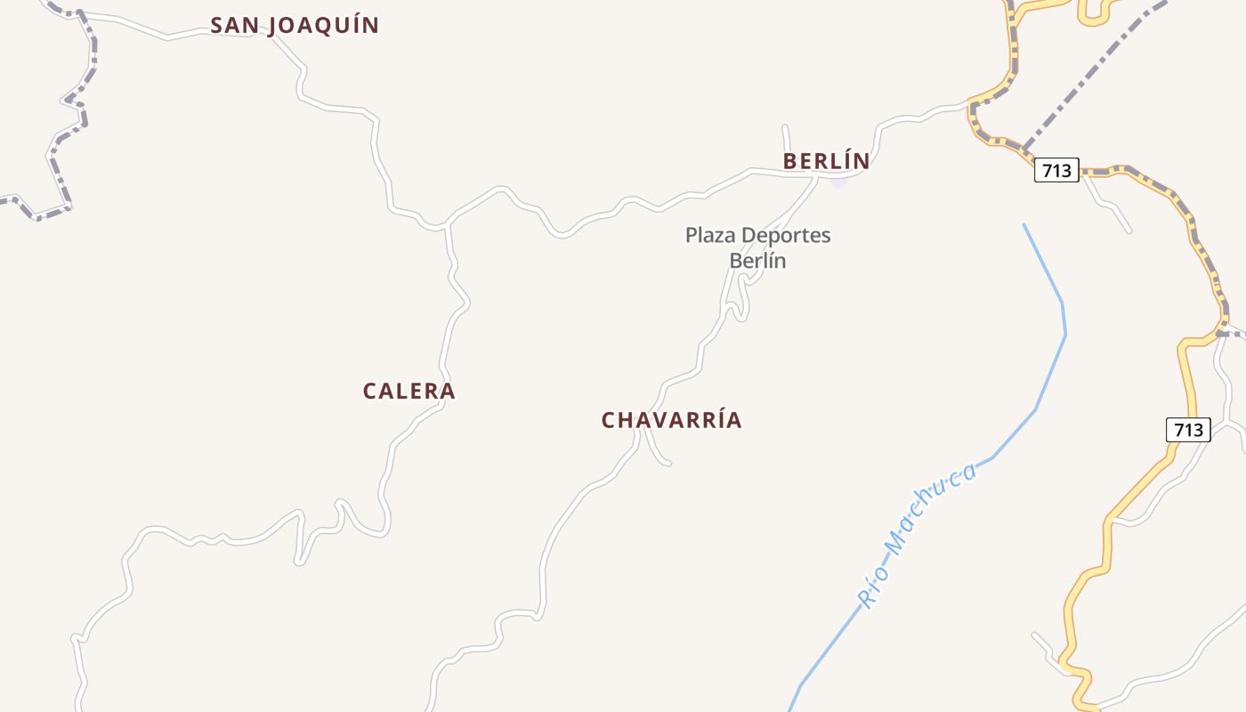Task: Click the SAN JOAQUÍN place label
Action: tap(295, 25)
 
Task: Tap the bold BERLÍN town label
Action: tap(826, 161)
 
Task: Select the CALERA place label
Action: tap(409, 391)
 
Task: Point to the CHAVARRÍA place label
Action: tap(671, 420)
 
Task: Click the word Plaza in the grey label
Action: tap(710, 236)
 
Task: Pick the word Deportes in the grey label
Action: tap(786, 236)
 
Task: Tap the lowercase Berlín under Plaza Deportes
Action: tap(758, 261)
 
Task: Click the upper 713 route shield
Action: tap(1056, 170)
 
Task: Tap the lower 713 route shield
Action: tap(1188, 430)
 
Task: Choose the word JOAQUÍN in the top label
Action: tap(324, 25)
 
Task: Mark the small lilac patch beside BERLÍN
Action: tap(839, 182)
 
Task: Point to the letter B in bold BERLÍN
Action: tap(790, 161)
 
